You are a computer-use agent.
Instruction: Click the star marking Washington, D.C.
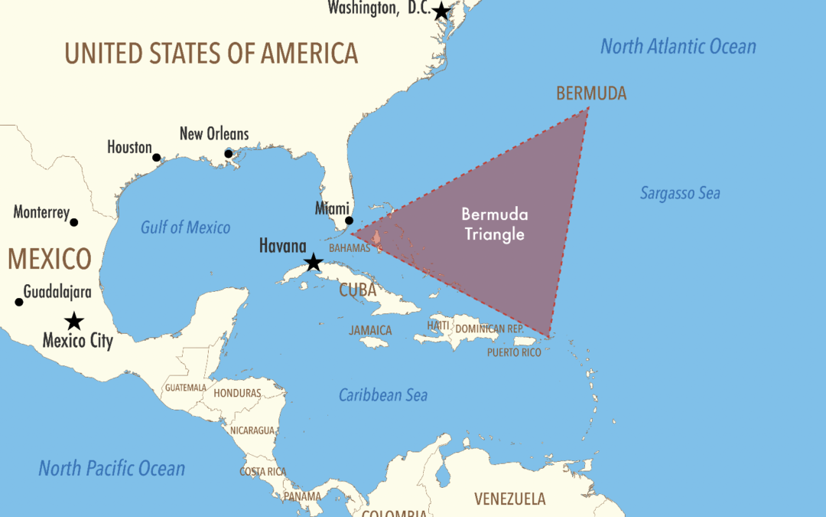[441, 11]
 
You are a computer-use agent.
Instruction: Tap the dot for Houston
[157, 158]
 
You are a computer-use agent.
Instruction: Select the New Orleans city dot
[229, 154]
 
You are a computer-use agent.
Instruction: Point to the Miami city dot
[350, 221]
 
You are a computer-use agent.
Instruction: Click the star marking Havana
[313, 263]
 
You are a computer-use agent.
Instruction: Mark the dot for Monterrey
[74, 222]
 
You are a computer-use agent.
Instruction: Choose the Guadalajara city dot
[19, 302]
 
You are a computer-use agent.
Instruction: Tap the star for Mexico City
[74, 321]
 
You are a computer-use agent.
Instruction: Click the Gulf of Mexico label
[186, 227]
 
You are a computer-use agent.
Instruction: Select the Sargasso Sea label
[680, 193]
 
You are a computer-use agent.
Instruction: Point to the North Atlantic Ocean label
[678, 46]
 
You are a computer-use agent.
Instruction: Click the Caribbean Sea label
[383, 395]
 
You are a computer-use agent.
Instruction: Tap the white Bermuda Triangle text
[495, 224]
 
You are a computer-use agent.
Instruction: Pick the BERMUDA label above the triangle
[591, 93]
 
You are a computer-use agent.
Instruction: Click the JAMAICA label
[370, 330]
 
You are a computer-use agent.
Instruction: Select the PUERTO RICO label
[514, 352]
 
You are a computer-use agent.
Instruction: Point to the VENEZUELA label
[510, 499]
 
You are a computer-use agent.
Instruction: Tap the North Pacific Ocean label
[112, 468]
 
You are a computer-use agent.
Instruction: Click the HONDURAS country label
[237, 393]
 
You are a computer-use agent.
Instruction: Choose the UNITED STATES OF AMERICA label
[211, 53]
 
